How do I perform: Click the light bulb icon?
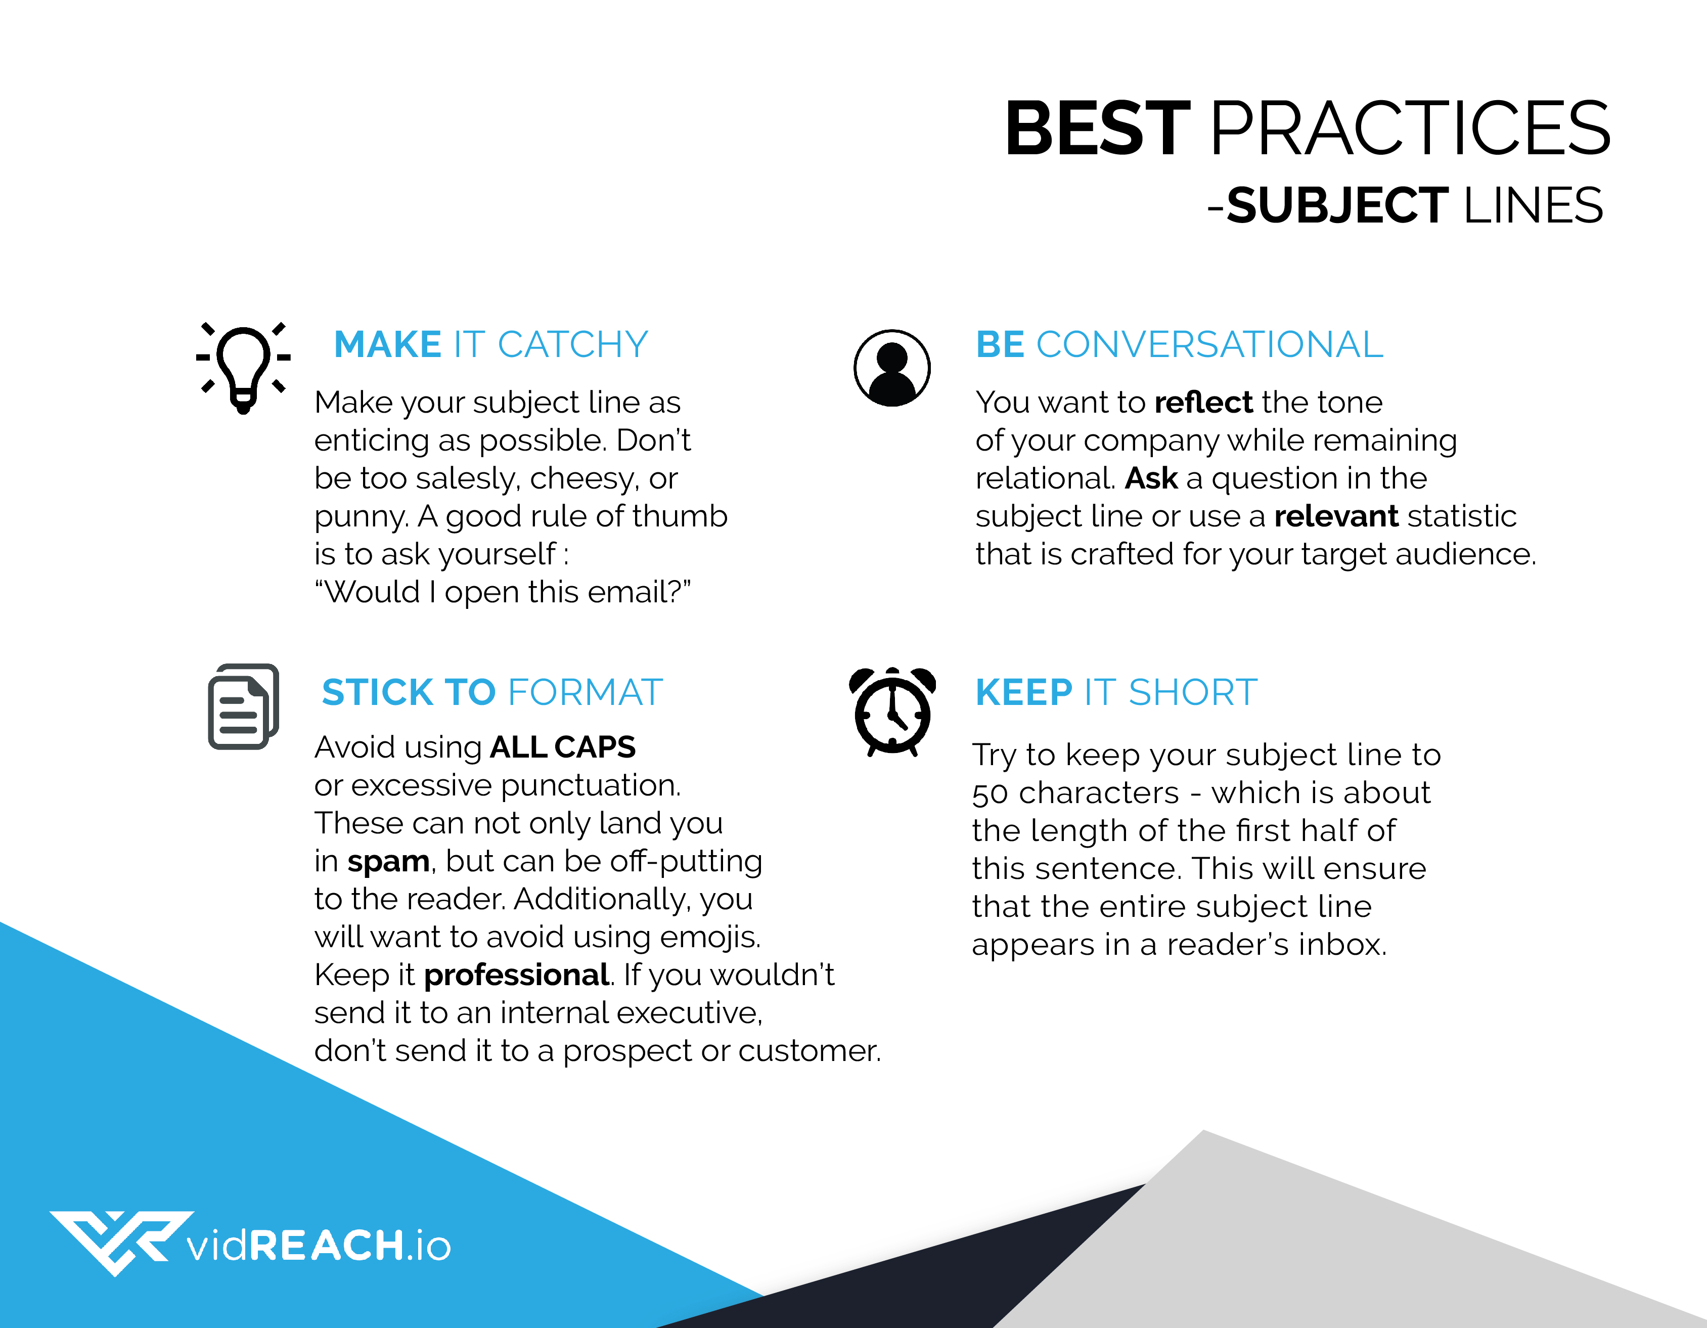point(243,366)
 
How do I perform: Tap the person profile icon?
point(892,367)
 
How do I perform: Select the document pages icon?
point(243,706)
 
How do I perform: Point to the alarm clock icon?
point(892,712)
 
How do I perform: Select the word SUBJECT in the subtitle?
point(1337,205)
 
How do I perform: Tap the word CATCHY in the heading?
point(573,345)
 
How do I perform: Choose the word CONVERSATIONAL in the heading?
point(1209,345)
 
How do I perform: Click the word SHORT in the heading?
point(1193,692)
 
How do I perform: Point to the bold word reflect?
point(1204,403)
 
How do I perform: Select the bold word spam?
point(388,861)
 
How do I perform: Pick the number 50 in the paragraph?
point(991,794)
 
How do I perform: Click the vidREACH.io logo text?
point(319,1245)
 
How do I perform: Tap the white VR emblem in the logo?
point(121,1241)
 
